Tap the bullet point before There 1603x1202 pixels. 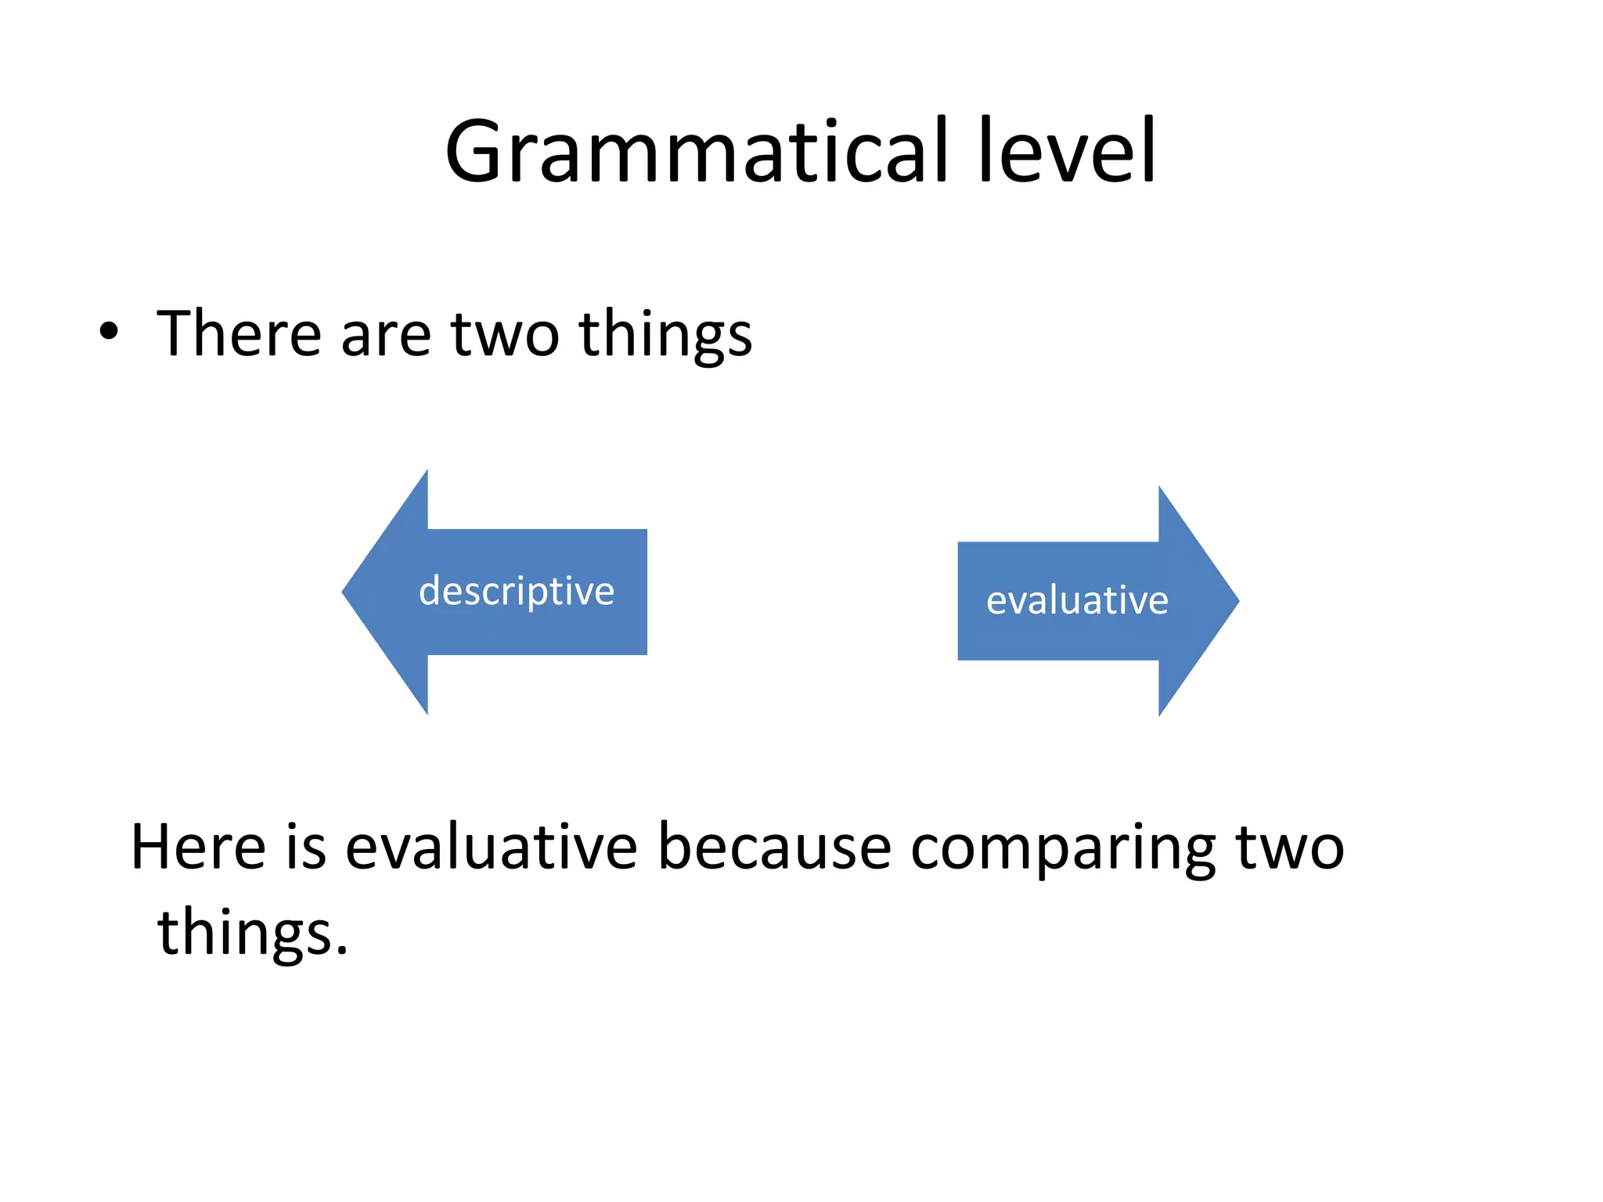pos(109,333)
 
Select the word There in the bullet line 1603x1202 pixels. pos(239,334)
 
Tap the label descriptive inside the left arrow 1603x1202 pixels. pos(517,592)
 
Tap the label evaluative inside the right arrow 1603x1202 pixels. pos(1077,601)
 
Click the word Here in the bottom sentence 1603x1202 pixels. pos(198,848)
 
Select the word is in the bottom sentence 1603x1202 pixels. pos(305,848)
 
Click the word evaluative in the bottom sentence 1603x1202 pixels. pos(492,848)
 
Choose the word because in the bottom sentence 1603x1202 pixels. pos(774,848)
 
